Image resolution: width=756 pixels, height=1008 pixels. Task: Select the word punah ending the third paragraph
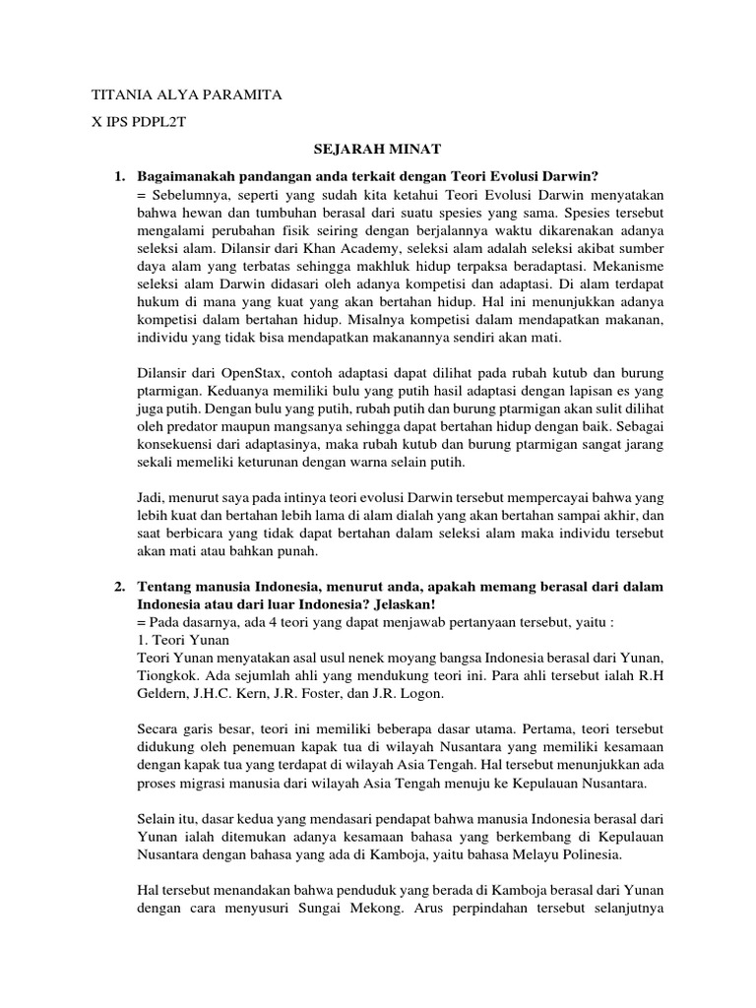298,550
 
